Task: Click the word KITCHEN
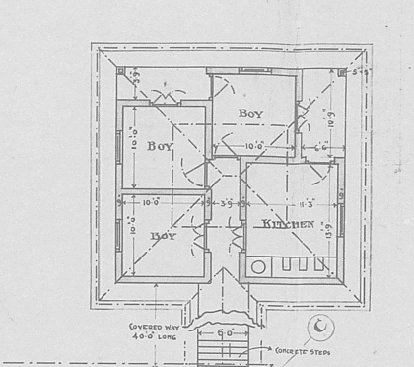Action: click(289, 225)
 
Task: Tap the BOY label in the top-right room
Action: click(251, 114)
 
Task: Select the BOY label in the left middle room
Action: click(160, 146)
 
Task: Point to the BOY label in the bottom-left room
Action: click(164, 237)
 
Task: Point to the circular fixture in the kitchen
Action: click(259, 265)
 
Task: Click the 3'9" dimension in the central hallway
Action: click(225, 203)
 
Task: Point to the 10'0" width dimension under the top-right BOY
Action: click(253, 148)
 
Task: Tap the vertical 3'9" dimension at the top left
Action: click(137, 78)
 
